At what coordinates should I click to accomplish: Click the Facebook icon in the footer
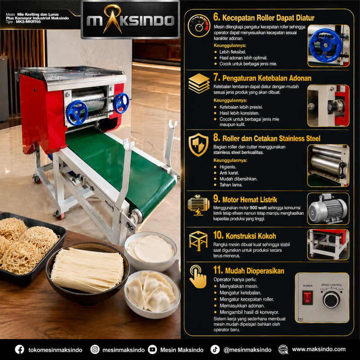(19, 350)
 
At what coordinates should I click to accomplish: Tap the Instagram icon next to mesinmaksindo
(95, 350)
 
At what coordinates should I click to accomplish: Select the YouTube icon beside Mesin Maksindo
(153, 350)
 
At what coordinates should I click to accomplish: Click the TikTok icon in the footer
(215, 350)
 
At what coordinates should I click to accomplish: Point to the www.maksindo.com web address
(319, 349)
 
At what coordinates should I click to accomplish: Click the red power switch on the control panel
(307, 297)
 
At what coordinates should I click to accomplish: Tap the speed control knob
(331, 300)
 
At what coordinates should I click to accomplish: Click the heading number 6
(216, 17)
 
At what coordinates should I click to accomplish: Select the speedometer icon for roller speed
(199, 26)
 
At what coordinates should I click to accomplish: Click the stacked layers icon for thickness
(199, 83)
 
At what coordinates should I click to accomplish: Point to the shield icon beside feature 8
(198, 145)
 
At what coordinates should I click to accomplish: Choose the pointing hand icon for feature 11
(198, 277)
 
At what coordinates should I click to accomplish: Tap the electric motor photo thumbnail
(328, 209)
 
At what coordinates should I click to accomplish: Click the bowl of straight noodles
(87, 274)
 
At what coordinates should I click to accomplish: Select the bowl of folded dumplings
(152, 295)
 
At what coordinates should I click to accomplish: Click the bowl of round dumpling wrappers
(150, 252)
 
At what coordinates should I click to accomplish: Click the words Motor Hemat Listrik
(250, 200)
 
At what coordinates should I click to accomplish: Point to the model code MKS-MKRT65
(28, 22)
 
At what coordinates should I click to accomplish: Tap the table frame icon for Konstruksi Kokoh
(198, 241)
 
